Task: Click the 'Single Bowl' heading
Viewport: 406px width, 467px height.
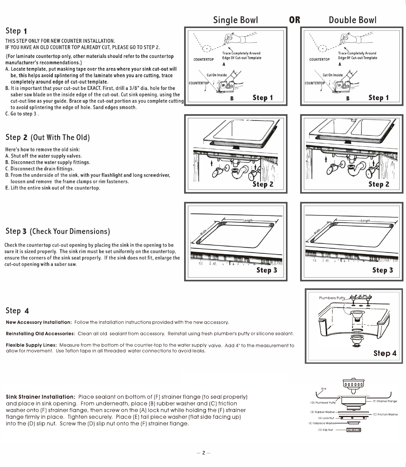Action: click(x=235, y=20)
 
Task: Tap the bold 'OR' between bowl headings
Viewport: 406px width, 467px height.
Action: click(x=295, y=20)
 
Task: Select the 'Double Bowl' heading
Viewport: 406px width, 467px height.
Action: click(x=352, y=20)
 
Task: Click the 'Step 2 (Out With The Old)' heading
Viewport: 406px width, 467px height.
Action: click(x=48, y=137)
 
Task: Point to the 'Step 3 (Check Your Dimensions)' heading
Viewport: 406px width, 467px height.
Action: click(x=58, y=231)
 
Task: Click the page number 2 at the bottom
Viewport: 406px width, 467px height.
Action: click(x=204, y=453)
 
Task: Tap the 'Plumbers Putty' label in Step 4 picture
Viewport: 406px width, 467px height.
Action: click(x=332, y=298)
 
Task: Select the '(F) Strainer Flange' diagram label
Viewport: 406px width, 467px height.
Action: click(x=385, y=401)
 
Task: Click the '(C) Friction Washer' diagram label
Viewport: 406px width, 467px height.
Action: click(x=385, y=414)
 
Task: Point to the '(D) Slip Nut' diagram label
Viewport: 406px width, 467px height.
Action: click(x=325, y=430)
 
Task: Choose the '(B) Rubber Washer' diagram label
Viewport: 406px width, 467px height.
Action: click(x=323, y=412)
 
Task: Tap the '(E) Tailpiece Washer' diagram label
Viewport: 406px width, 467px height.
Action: click(x=322, y=423)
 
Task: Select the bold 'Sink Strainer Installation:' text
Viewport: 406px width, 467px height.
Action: click(x=40, y=397)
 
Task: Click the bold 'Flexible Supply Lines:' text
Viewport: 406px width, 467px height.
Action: click(x=31, y=345)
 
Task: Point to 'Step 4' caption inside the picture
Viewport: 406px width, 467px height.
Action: click(x=385, y=353)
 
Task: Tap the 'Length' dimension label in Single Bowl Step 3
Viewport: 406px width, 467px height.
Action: click(x=248, y=221)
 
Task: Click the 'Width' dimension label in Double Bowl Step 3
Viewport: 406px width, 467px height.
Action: click(x=317, y=231)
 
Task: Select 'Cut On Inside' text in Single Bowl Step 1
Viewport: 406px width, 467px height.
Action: click(x=217, y=75)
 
